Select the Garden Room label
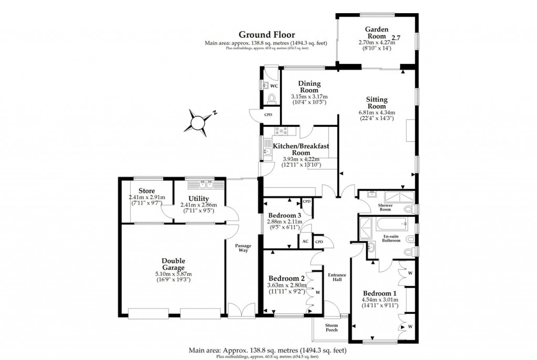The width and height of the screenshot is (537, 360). [376, 33]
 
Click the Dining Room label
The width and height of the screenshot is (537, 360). [309, 86]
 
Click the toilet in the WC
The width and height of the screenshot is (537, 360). [271, 98]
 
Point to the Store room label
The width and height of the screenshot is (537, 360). [146, 190]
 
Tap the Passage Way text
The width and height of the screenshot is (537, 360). [242, 248]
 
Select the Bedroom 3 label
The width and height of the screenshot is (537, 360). [284, 215]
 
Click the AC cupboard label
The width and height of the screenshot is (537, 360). [305, 242]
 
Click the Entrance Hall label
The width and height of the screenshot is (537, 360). [334, 277]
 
